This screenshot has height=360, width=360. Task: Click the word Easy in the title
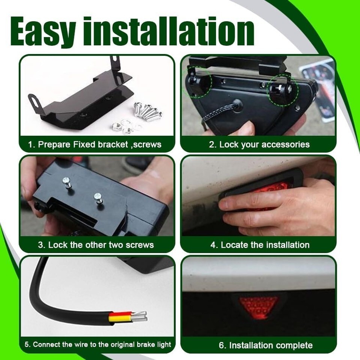(x=43, y=32)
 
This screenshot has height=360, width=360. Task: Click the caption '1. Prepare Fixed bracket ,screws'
(x=94, y=145)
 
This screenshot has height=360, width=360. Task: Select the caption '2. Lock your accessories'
(x=259, y=145)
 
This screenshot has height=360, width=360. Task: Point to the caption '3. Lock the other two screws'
(x=96, y=245)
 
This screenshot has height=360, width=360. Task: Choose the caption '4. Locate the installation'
(x=260, y=245)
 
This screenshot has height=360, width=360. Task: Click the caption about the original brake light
(x=98, y=344)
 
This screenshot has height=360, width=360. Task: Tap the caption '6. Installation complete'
(x=265, y=345)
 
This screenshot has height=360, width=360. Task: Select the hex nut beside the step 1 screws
(x=117, y=126)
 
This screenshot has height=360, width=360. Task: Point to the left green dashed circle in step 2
(x=197, y=82)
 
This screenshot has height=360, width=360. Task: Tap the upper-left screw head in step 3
(x=67, y=181)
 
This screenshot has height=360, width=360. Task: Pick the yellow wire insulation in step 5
(x=120, y=319)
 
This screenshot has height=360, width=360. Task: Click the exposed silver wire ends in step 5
(x=139, y=316)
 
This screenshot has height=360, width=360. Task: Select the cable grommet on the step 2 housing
(x=237, y=105)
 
